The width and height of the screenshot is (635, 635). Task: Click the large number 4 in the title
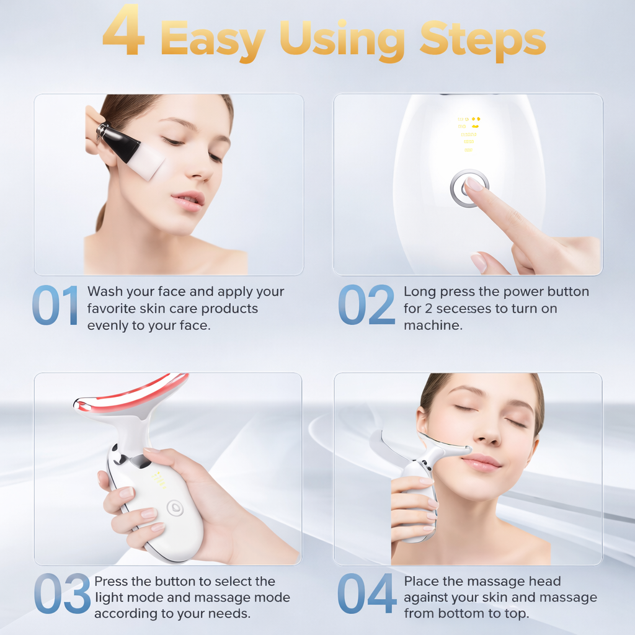123,30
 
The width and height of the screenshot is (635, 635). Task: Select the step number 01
55,305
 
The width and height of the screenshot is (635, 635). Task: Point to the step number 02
366,305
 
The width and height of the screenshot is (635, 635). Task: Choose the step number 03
61,594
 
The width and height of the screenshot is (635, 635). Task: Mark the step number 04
366,594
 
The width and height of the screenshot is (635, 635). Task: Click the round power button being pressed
469,188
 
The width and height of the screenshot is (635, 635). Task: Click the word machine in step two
433,326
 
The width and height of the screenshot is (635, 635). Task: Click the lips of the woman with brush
189,200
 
